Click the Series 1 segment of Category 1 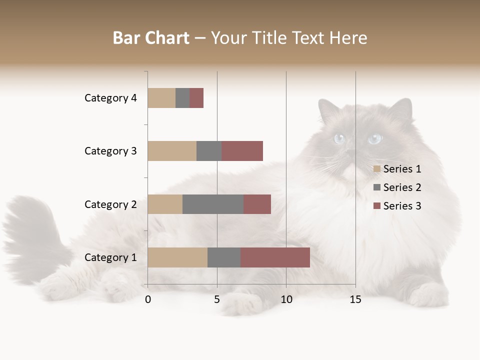click(177, 257)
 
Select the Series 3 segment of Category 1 click(275, 257)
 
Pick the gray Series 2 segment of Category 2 click(213, 204)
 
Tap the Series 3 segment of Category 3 click(242, 151)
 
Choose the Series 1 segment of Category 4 click(161, 98)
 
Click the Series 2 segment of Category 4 click(182, 98)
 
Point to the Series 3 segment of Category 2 click(257, 204)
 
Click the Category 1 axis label click(110, 257)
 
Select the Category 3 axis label click(110, 151)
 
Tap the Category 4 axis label click(110, 98)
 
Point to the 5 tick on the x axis click(217, 299)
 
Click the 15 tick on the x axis click(355, 299)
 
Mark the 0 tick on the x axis click(148, 299)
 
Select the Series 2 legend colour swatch click(377, 187)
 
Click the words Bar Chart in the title click(151, 38)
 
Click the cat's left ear click(401, 110)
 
